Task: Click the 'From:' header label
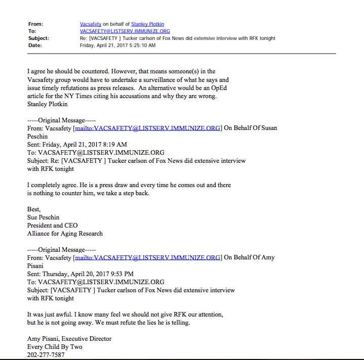point(35,24)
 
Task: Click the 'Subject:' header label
point(38,38)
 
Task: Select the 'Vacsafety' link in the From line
point(91,24)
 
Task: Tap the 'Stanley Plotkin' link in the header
point(148,24)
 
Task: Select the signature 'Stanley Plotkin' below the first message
point(48,105)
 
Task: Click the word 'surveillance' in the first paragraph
point(157,80)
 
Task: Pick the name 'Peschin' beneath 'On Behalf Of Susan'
point(39,136)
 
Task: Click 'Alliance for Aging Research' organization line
point(65,234)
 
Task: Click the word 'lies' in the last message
point(172,322)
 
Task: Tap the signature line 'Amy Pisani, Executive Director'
point(69,339)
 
